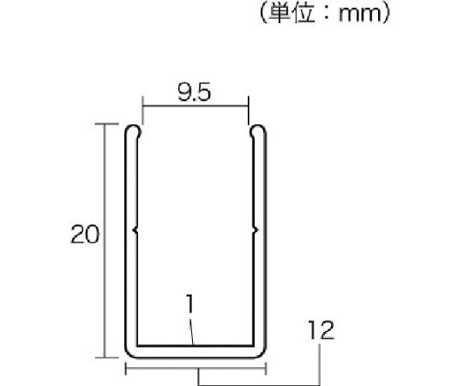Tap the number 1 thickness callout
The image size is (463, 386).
tap(189, 303)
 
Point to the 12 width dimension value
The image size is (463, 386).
tap(318, 330)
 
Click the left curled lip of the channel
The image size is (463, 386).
tap(134, 133)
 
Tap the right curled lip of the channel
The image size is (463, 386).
tap(257, 133)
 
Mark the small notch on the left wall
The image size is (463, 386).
tap(136, 229)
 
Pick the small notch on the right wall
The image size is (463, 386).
tap(256, 229)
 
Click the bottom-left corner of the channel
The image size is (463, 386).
tap(131, 352)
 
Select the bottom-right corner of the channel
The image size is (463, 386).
tap(261, 352)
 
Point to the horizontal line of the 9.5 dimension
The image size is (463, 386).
tap(195, 107)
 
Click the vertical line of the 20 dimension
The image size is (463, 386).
tap(105, 240)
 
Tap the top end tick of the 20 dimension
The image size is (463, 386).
tap(105, 124)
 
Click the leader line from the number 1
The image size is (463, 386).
tap(193, 330)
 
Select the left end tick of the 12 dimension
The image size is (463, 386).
tap(126, 371)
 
